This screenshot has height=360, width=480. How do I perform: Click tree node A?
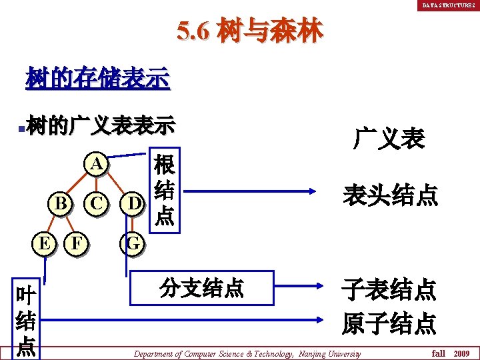click(x=97, y=164)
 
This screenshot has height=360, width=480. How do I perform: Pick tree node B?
click(x=61, y=203)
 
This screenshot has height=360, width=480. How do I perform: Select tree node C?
click(x=97, y=203)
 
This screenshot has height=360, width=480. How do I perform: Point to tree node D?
click(x=133, y=203)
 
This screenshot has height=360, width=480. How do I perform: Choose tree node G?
click(x=133, y=243)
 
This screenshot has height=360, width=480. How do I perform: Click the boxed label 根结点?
click(x=163, y=191)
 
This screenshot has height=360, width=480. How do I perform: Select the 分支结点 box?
click(x=202, y=288)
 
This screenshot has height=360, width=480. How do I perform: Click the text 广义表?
click(x=389, y=139)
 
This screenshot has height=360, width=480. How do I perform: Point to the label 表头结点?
click(x=390, y=195)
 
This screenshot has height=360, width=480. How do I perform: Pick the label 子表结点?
click(x=389, y=290)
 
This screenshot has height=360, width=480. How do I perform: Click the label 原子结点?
click(x=389, y=323)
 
